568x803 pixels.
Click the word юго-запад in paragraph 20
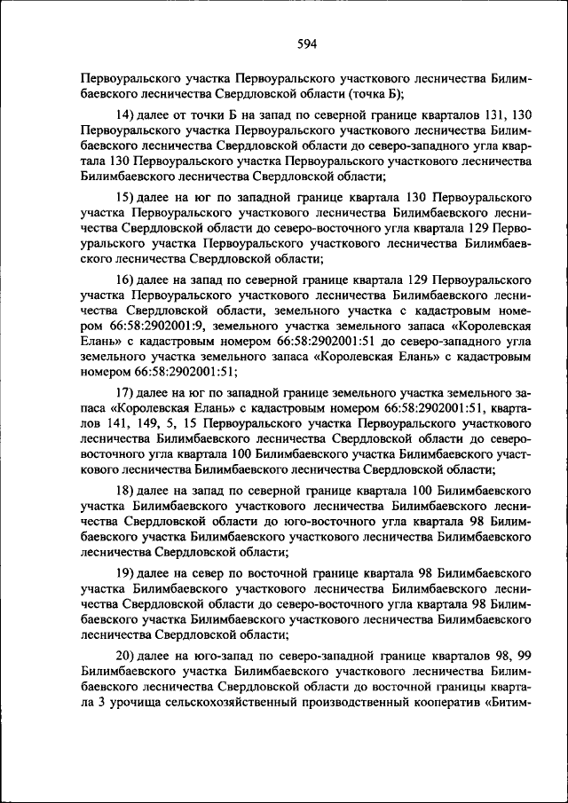(x=215, y=656)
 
